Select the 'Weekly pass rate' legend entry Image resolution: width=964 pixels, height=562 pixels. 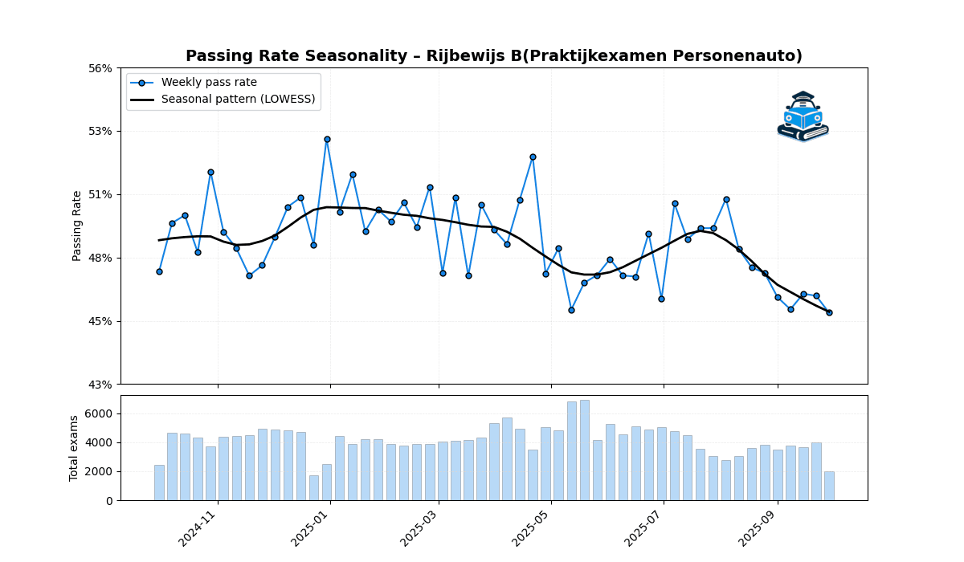pyautogui.click(x=209, y=83)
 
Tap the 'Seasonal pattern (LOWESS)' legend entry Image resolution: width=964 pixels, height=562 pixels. pyautogui.click(x=238, y=100)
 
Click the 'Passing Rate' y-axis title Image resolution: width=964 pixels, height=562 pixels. pyautogui.click(x=77, y=226)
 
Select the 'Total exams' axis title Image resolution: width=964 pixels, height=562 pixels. pyautogui.click(x=74, y=448)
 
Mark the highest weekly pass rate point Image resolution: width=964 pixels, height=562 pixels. pyautogui.click(x=327, y=139)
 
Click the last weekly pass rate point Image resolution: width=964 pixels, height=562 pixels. pyautogui.click(x=829, y=312)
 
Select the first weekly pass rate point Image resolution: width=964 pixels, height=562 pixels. pyautogui.click(x=159, y=271)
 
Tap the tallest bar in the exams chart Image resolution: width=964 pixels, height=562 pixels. pyautogui.click(x=584, y=450)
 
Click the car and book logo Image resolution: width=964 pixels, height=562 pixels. pyautogui.click(x=803, y=116)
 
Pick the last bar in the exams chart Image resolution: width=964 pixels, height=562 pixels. pyautogui.click(x=829, y=486)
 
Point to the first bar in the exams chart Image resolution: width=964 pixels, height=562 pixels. pyautogui.click(x=159, y=483)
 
